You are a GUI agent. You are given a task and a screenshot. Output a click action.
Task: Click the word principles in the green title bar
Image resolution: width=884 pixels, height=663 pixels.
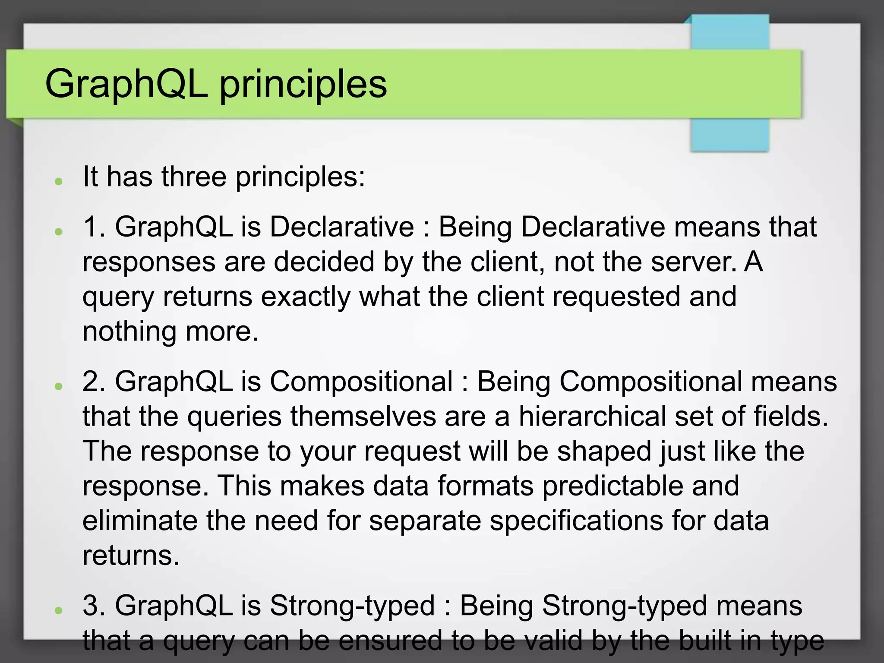(x=303, y=84)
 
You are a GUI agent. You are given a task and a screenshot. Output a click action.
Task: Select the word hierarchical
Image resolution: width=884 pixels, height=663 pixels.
(x=592, y=417)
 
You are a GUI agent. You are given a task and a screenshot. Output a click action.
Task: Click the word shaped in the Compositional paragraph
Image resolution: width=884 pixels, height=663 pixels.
(x=604, y=451)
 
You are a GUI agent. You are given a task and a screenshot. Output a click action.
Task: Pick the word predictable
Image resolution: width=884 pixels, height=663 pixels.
(x=612, y=486)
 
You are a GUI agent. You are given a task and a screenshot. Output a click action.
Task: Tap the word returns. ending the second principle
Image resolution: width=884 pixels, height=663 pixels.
(x=131, y=556)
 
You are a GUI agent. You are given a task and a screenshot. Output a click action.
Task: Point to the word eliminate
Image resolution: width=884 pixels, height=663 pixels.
(x=140, y=521)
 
